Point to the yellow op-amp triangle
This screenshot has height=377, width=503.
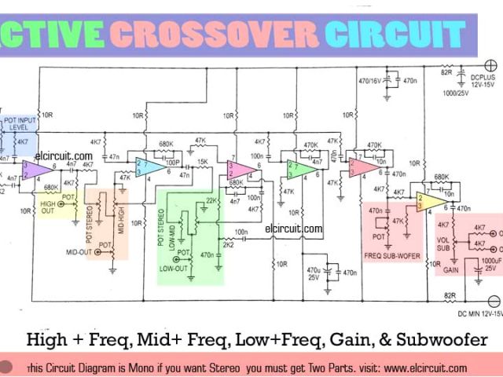coord(431,201)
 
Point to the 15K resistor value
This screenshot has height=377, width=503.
coord(203,162)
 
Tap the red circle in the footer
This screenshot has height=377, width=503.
coord(8,366)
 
